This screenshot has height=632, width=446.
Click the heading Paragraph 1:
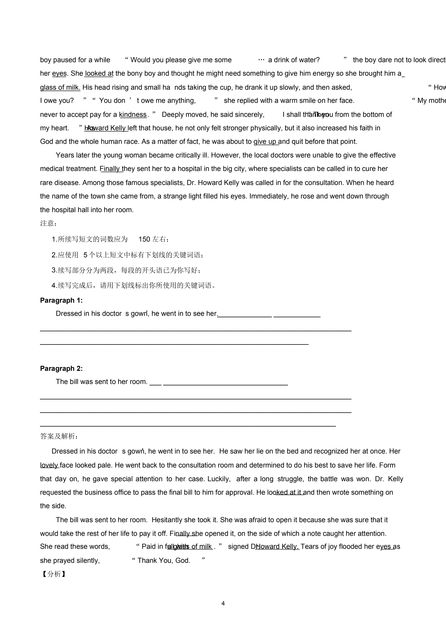click(61, 300)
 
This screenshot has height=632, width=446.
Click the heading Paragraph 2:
click(61, 369)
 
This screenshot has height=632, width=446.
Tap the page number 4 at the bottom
click(223, 603)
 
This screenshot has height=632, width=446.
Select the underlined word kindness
click(133, 115)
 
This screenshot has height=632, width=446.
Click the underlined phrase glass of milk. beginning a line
click(60, 88)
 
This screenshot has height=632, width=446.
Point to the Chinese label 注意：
click(48, 223)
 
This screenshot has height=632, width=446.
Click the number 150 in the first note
click(144, 239)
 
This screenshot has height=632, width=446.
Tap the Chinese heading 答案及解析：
click(59, 436)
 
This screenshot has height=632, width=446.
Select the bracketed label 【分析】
click(54, 574)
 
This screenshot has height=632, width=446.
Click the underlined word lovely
click(49, 465)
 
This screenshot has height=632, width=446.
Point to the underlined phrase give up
click(265, 142)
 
